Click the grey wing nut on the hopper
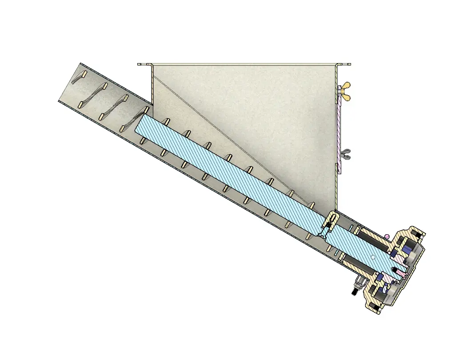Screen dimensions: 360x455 (346, 154)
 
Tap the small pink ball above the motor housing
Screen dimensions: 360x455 (387, 236)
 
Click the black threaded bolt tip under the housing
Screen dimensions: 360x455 (354, 292)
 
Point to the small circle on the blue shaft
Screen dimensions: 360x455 (373, 258)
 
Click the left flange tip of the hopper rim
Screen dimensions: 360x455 (139, 64)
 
